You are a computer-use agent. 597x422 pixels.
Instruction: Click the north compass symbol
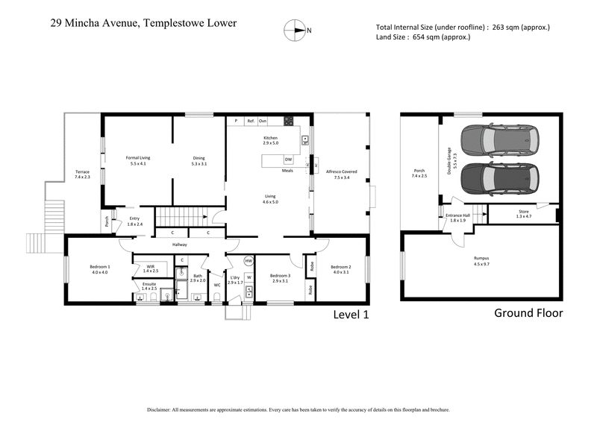coord(297,31)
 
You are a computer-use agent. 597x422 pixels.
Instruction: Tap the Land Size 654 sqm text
coord(423,37)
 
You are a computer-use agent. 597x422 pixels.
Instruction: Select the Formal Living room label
coord(137,160)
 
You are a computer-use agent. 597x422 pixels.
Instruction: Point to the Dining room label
coord(199,160)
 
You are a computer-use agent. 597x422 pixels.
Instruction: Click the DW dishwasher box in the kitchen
coord(288,160)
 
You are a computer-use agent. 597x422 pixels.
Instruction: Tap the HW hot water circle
coord(249,261)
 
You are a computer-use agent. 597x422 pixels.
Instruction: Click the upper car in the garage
coord(499,138)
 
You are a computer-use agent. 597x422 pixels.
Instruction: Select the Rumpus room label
coord(481,261)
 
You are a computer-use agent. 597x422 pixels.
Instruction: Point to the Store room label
coord(523,215)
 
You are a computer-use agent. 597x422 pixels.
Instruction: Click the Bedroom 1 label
coord(99,269)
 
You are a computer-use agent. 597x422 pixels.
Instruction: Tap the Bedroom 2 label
coord(340,269)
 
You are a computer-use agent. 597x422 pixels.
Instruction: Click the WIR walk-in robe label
coord(151,268)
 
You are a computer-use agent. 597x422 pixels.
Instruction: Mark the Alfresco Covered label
coord(342,174)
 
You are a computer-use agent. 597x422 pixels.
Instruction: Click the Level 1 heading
coord(351,315)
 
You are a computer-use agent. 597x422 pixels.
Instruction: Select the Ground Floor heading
coord(528,313)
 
